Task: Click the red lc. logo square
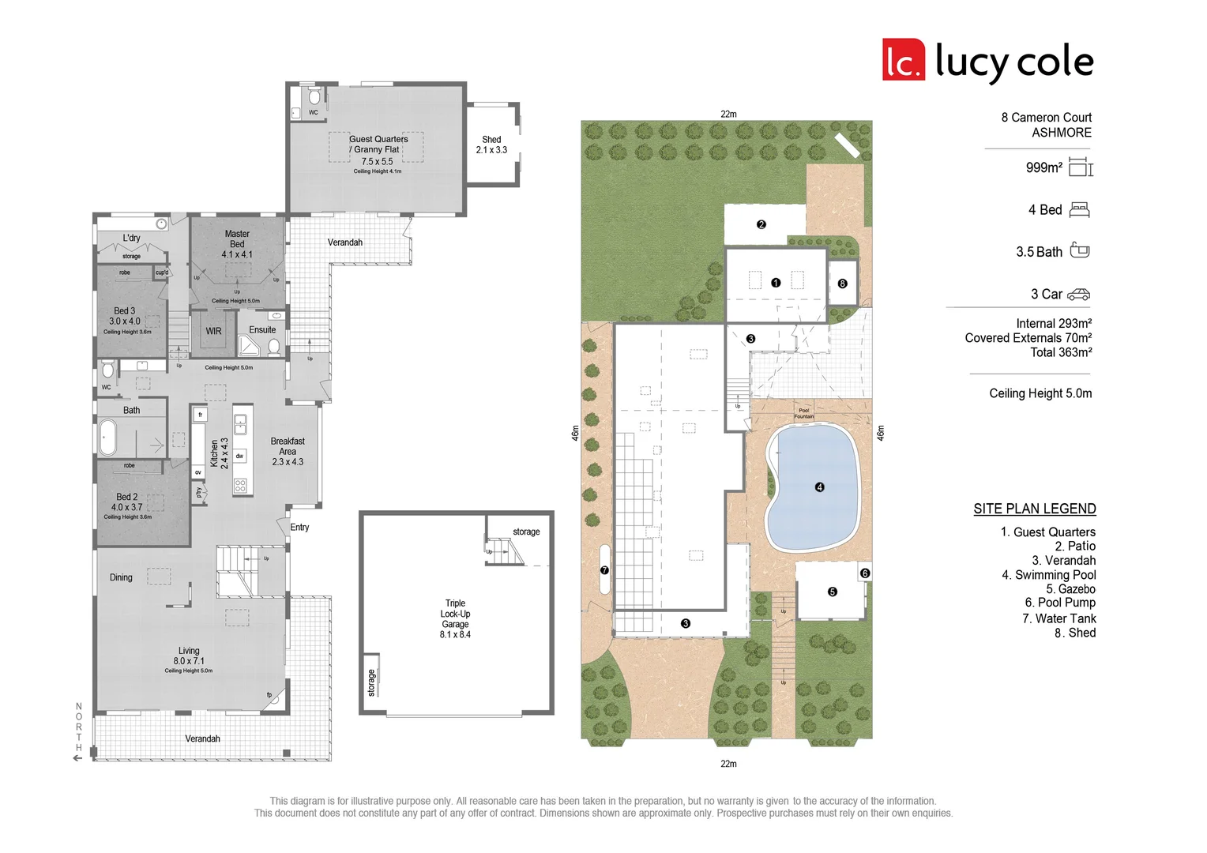pos(903,60)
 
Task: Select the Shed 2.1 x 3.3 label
pos(491,145)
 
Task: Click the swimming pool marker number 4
pos(819,487)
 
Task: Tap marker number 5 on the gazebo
pos(832,592)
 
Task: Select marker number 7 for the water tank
pos(604,569)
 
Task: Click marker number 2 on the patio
pos(761,224)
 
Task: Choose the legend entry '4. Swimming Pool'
pos(1048,575)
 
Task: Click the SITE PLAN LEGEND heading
pos(1034,509)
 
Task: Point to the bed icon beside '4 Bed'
pos(1079,210)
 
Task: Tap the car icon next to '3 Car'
pos(1078,295)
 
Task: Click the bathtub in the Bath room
pos(107,438)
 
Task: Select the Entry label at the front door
pos(299,527)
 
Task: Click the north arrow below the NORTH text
pos(77,758)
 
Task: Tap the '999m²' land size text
pos(1043,167)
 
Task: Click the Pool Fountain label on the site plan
pos(803,413)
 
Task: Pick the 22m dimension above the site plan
pos(728,114)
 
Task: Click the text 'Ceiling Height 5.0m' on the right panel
pos(1040,393)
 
